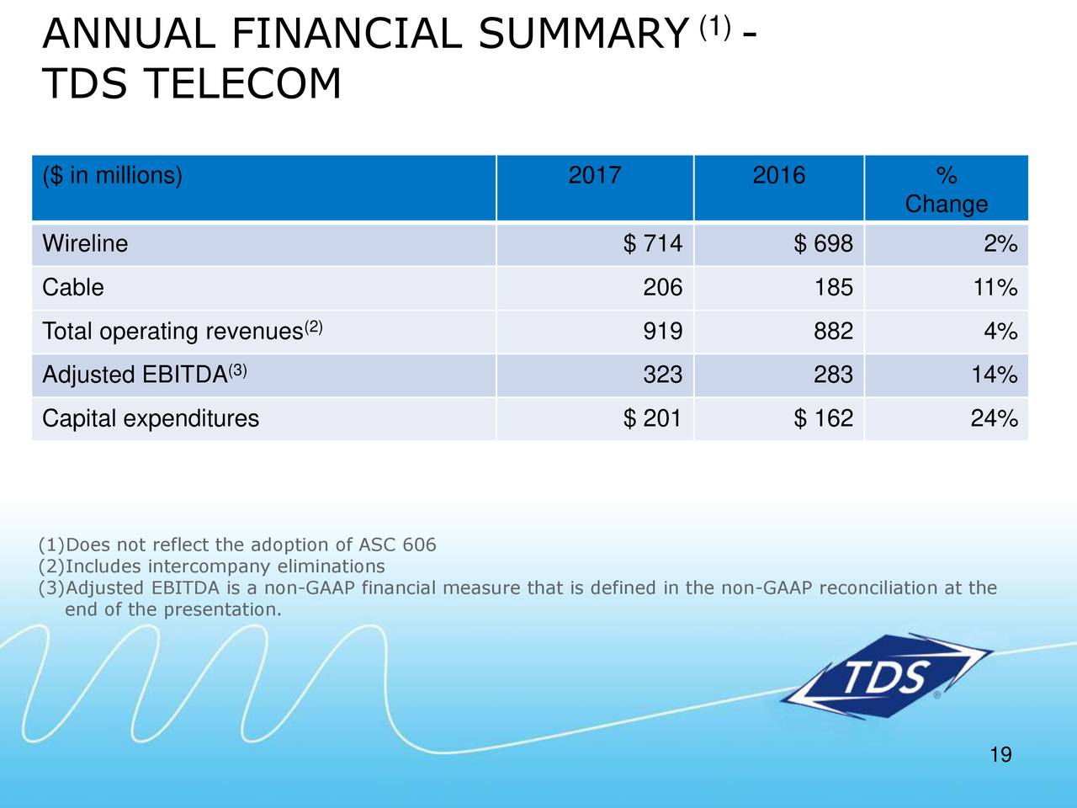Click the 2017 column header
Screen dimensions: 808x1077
click(x=595, y=176)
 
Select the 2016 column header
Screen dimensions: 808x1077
click(x=778, y=176)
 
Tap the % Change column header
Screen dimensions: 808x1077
click(x=946, y=190)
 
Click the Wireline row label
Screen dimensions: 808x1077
click(x=85, y=244)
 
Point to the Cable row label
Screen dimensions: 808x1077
click(x=73, y=288)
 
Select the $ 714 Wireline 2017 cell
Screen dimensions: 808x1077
click(x=653, y=244)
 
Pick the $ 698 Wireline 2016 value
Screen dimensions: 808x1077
click(x=823, y=244)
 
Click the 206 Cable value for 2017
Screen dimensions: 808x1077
click(x=662, y=288)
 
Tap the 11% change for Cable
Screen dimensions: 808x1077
click(x=995, y=288)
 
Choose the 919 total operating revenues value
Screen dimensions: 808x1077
click(x=662, y=332)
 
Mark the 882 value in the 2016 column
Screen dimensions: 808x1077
click(x=832, y=332)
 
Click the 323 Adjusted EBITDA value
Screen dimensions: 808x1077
click(x=662, y=375)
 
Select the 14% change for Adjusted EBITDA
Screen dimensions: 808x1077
click(x=995, y=375)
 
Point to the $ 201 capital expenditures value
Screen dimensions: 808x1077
click(x=653, y=418)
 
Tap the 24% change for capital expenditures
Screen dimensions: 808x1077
click(x=995, y=418)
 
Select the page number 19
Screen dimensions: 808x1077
click(x=1000, y=755)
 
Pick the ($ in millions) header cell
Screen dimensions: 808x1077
click(x=112, y=176)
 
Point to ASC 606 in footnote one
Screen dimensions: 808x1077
click(x=397, y=545)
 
